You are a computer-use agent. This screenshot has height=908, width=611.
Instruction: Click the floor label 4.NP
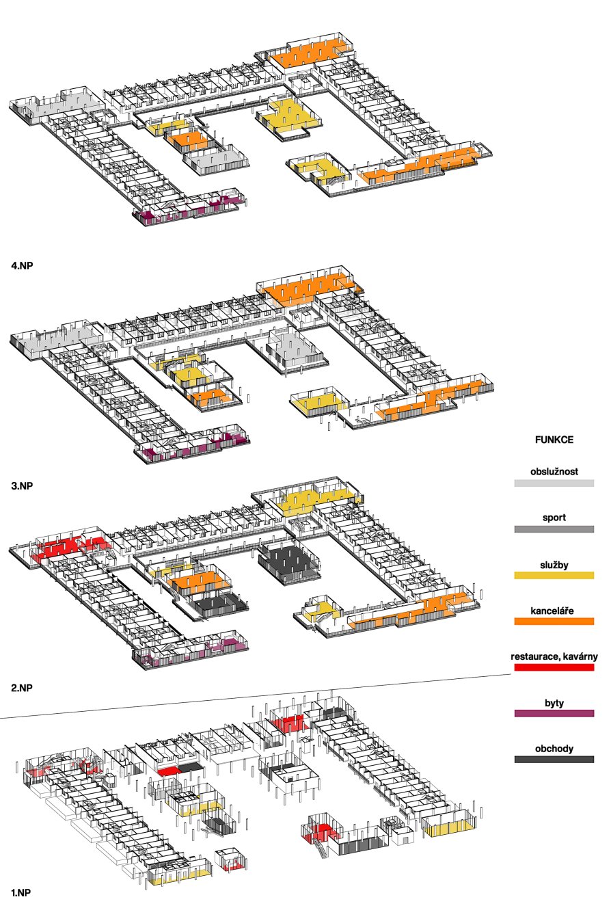pyautogui.click(x=22, y=266)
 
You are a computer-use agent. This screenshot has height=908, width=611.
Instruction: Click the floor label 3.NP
pyautogui.click(x=22, y=485)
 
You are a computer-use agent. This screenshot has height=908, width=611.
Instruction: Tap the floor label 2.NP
pyautogui.click(x=22, y=687)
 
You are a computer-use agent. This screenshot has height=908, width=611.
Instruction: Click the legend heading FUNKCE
pyautogui.click(x=554, y=440)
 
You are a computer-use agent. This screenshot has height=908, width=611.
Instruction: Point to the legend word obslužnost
pyautogui.click(x=554, y=471)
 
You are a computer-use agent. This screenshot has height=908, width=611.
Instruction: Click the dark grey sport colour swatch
pyautogui.click(x=554, y=529)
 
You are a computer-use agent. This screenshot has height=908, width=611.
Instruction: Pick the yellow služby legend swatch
pyautogui.click(x=554, y=575)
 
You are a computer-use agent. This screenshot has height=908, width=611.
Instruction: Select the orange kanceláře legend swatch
pyautogui.click(x=554, y=622)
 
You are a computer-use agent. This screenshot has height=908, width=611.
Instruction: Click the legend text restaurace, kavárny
pyautogui.click(x=554, y=656)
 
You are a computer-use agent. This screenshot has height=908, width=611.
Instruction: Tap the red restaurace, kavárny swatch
pyautogui.click(x=554, y=667)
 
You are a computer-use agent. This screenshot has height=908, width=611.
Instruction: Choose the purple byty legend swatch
pyautogui.click(x=554, y=713)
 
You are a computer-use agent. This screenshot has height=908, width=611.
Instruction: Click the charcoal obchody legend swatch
pyautogui.click(x=554, y=759)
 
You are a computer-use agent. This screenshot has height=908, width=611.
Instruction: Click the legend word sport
pyautogui.click(x=554, y=518)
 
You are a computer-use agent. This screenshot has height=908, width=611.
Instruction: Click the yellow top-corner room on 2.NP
pyautogui.click(x=316, y=500)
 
